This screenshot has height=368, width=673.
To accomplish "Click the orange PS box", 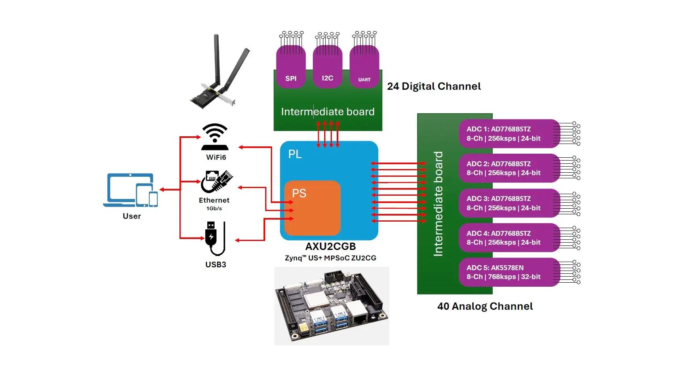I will coord(312,208).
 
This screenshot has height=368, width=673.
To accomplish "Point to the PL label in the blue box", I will coord(295,154).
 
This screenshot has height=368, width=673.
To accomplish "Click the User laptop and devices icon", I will coord(131,190).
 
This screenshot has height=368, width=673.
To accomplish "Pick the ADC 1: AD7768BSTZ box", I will coord(508,133).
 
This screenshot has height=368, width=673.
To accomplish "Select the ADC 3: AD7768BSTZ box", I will coord(508,203).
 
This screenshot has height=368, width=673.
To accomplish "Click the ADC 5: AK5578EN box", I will coord(508,272).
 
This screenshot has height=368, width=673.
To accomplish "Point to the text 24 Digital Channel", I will coord(434,86).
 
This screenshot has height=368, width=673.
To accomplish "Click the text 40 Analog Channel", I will coord(485,306).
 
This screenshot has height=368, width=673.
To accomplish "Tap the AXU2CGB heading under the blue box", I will coord(330,246).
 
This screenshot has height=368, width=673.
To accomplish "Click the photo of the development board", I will coord(331,306).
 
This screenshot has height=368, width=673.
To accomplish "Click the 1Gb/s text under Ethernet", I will coord(214,209).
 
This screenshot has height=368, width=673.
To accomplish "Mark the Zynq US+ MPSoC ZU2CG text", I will coord(330,258).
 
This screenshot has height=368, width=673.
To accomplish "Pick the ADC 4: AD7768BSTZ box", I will coord(508,238).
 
